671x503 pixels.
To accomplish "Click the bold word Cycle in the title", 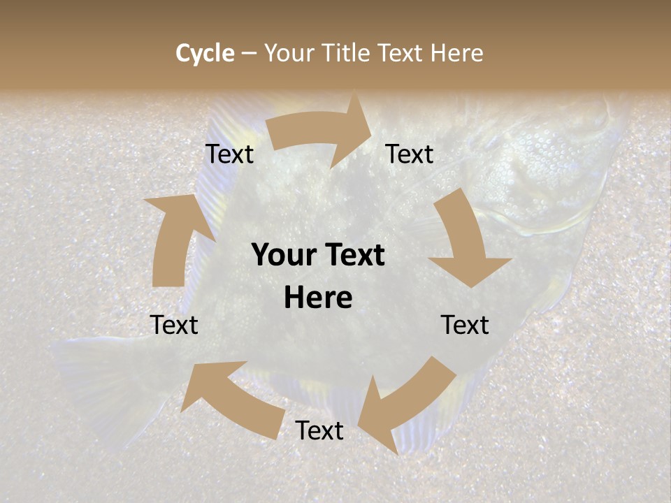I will pyautogui.click(x=205, y=53).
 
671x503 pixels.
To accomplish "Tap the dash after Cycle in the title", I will pyautogui.click(x=249, y=53).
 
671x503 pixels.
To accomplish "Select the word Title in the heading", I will pyautogui.click(x=347, y=53).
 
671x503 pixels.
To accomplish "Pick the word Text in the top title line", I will pyautogui.click(x=401, y=53).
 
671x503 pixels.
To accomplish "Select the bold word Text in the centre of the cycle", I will pyautogui.click(x=354, y=256).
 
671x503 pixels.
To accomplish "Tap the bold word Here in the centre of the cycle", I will pyautogui.click(x=318, y=298).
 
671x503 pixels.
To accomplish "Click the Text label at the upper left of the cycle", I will pyautogui.click(x=229, y=154).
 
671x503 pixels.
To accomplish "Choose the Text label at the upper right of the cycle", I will pyautogui.click(x=410, y=154).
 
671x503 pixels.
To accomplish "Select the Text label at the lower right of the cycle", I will pyautogui.click(x=465, y=325).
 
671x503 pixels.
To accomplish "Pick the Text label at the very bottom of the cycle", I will pyautogui.click(x=319, y=431).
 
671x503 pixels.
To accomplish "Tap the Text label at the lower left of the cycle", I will pyautogui.click(x=174, y=325).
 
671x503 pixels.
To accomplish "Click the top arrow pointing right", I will pyautogui.click(x=322, y=133).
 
